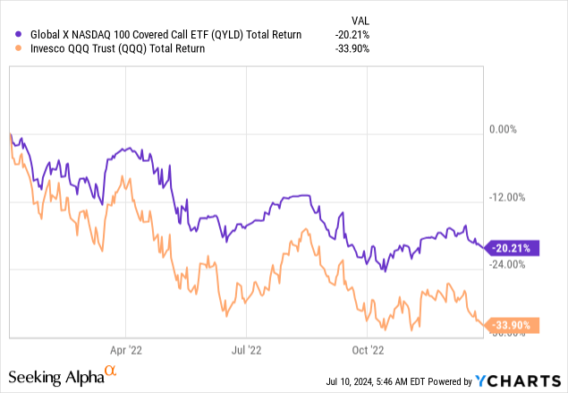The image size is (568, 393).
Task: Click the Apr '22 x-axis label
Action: [128, 349]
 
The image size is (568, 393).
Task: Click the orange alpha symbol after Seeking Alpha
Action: [111, 370]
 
